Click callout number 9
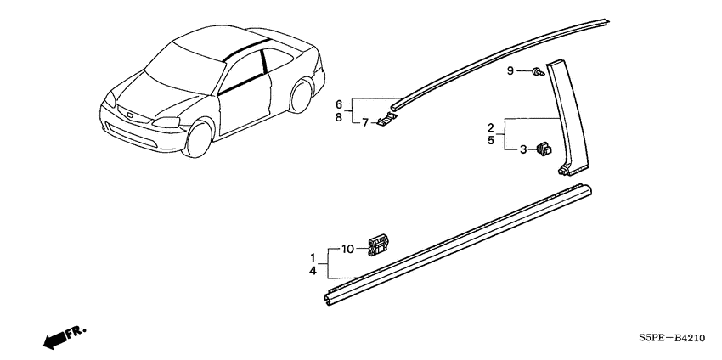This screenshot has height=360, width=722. [510, 70]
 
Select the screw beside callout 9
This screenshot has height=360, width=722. [538, 72]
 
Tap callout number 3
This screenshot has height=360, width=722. [522, 149]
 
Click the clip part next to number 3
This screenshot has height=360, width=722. [544, 149]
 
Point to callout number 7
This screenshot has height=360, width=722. [364, 122]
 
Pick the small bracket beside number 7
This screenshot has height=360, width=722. [386, 121]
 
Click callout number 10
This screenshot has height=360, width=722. [347, 250]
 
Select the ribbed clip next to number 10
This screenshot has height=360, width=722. [378, 245]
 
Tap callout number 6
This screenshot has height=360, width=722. [339, 104]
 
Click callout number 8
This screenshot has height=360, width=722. [339, 117]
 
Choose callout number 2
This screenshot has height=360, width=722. [491, 127]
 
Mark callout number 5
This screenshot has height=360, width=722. [491, 140]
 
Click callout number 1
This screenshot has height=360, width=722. [313, 257]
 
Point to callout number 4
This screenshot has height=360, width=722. [313, 271]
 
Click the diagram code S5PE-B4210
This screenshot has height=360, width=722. [671, 339]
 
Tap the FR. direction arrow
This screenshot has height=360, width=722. [64, 337]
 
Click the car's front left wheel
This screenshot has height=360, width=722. [199, 138]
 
